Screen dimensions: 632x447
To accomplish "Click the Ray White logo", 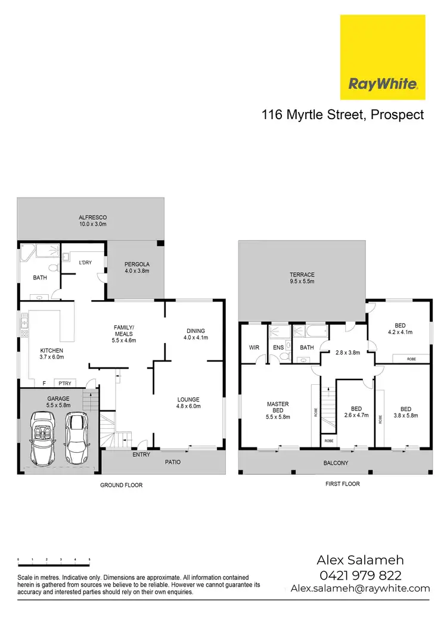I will tap(383, 57).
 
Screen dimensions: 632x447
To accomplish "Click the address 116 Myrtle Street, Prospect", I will tap(343, 114).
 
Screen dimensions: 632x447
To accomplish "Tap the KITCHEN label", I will tap(51, 350).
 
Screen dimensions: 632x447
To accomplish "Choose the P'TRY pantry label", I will tap(63, 383).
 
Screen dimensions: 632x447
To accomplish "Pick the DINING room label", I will tap(195, 331).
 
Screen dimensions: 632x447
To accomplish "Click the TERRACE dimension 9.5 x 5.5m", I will tap(302, 281).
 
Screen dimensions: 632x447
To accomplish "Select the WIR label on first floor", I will tap(253, 347).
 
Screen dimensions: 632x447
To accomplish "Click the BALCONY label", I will tap(335, 462).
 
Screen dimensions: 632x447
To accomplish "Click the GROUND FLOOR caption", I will tap(122, 485).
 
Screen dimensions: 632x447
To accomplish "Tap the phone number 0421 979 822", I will tap(360, 575).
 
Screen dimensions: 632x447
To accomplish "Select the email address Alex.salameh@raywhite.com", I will tap(360, 588).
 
